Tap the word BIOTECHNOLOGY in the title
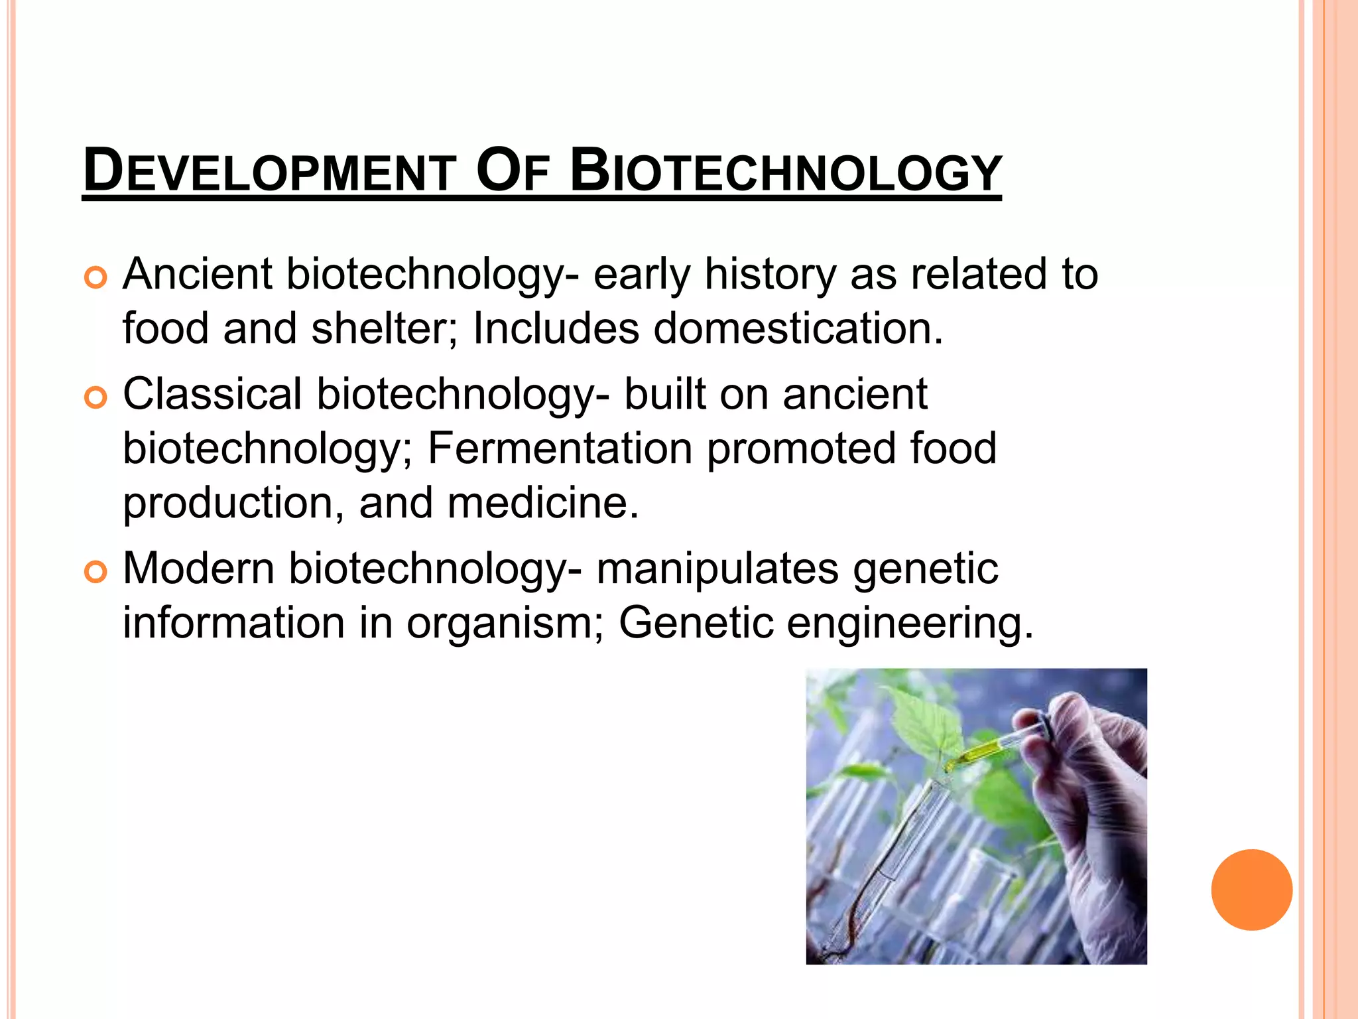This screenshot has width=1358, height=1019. pyautogui.click(x=786, y=171)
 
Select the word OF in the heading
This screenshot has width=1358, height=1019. pyautogui.click(x=513, y=171)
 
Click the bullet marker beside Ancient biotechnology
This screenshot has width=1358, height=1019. pyautogui.click(x=95, y=278)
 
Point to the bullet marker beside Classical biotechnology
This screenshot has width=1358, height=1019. pyautogui.click(x=95, y=398)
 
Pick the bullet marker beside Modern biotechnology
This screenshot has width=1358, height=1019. pyautogui.click(x=95, y=572)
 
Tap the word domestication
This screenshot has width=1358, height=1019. pyautogui.click(x=798, y=328)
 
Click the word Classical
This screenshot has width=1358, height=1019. pyautogui.click(x=212, y=393)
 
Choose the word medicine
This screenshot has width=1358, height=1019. pyautogui.click(x=543, y=502)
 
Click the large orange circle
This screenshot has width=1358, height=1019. pyautogui.click(x=1251, y=890)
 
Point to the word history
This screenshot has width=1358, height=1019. pyautogui.click(x=770, y=275)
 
